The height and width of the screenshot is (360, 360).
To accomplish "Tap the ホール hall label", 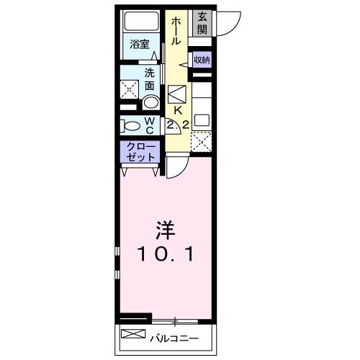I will pos(176,32).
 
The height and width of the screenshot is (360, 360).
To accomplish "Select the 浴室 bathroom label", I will pos(140,44).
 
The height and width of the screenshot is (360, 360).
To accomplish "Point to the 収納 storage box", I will pos(202,60).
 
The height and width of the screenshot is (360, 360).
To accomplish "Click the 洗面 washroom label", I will pos(149,78).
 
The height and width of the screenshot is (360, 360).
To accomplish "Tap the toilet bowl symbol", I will pos(132,126).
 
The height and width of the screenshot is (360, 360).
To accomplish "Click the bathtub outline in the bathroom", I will pos(139,22).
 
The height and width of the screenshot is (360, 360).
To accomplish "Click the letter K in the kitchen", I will pos(177,111).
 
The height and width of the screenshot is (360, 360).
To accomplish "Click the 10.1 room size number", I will pos(166,253).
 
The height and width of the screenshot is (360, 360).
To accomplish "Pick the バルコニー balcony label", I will pos(173,336).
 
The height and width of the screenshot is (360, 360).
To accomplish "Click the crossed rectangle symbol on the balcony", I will pos(133,334).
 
